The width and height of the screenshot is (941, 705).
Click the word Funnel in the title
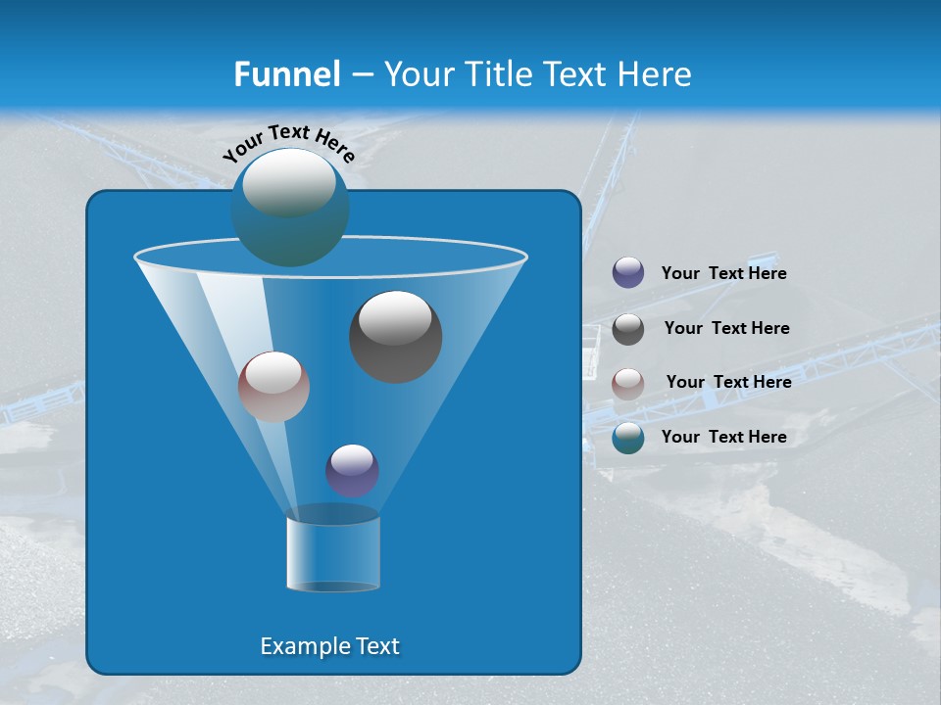(286, 74)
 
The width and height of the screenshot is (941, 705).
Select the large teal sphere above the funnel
(290, 208)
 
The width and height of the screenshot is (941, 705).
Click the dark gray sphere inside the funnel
(395, 336)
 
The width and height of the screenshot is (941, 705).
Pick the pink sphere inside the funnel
(273, 387)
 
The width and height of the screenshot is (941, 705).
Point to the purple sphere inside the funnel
(352, 470)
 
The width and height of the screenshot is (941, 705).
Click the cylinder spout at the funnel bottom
(332, 553)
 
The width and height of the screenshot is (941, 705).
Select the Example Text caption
(329, 646)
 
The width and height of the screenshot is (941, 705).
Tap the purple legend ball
(628, 273)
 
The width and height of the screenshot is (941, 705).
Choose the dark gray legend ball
(628, 329)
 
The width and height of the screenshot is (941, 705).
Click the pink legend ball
(628, 383)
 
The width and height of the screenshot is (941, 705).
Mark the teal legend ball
(628, 438)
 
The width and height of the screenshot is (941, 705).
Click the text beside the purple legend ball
(723, 274)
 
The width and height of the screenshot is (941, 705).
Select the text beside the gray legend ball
(726, 329)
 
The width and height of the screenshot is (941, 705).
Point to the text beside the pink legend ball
(728, 382)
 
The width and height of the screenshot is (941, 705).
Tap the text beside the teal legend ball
(723, 437)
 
